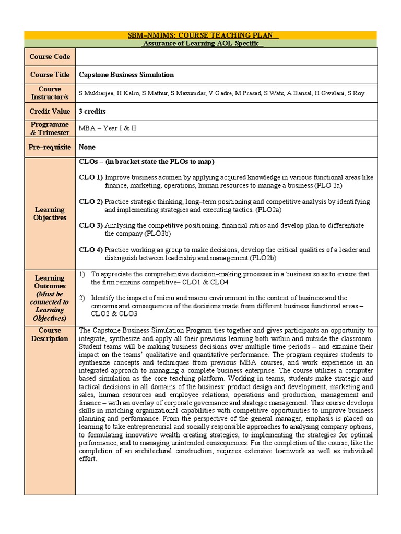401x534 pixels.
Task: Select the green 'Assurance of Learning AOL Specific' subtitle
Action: click(203, 43)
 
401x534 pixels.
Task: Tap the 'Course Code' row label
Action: click(50, 57)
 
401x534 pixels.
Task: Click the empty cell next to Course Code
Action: click(226, 57)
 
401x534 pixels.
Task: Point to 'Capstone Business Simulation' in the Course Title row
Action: click(126, 75)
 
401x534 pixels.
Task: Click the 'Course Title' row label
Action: click(50, 75)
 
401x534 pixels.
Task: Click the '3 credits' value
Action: click(92, 111)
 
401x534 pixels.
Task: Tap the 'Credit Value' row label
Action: click(50, 111)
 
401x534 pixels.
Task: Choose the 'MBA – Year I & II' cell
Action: click(107, 128)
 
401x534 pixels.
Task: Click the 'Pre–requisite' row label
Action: click(50, 147)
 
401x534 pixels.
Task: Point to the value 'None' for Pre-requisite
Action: click(87, 147)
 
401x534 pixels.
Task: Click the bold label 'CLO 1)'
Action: click(91, 177)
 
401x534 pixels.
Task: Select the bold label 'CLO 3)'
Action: click(91, 225)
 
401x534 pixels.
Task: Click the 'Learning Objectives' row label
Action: click(50, 213)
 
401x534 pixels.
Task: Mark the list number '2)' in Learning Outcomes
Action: click(82, 298)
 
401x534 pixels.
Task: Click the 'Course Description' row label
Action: click(50, 334)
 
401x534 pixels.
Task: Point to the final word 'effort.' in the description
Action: click(88, 459)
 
